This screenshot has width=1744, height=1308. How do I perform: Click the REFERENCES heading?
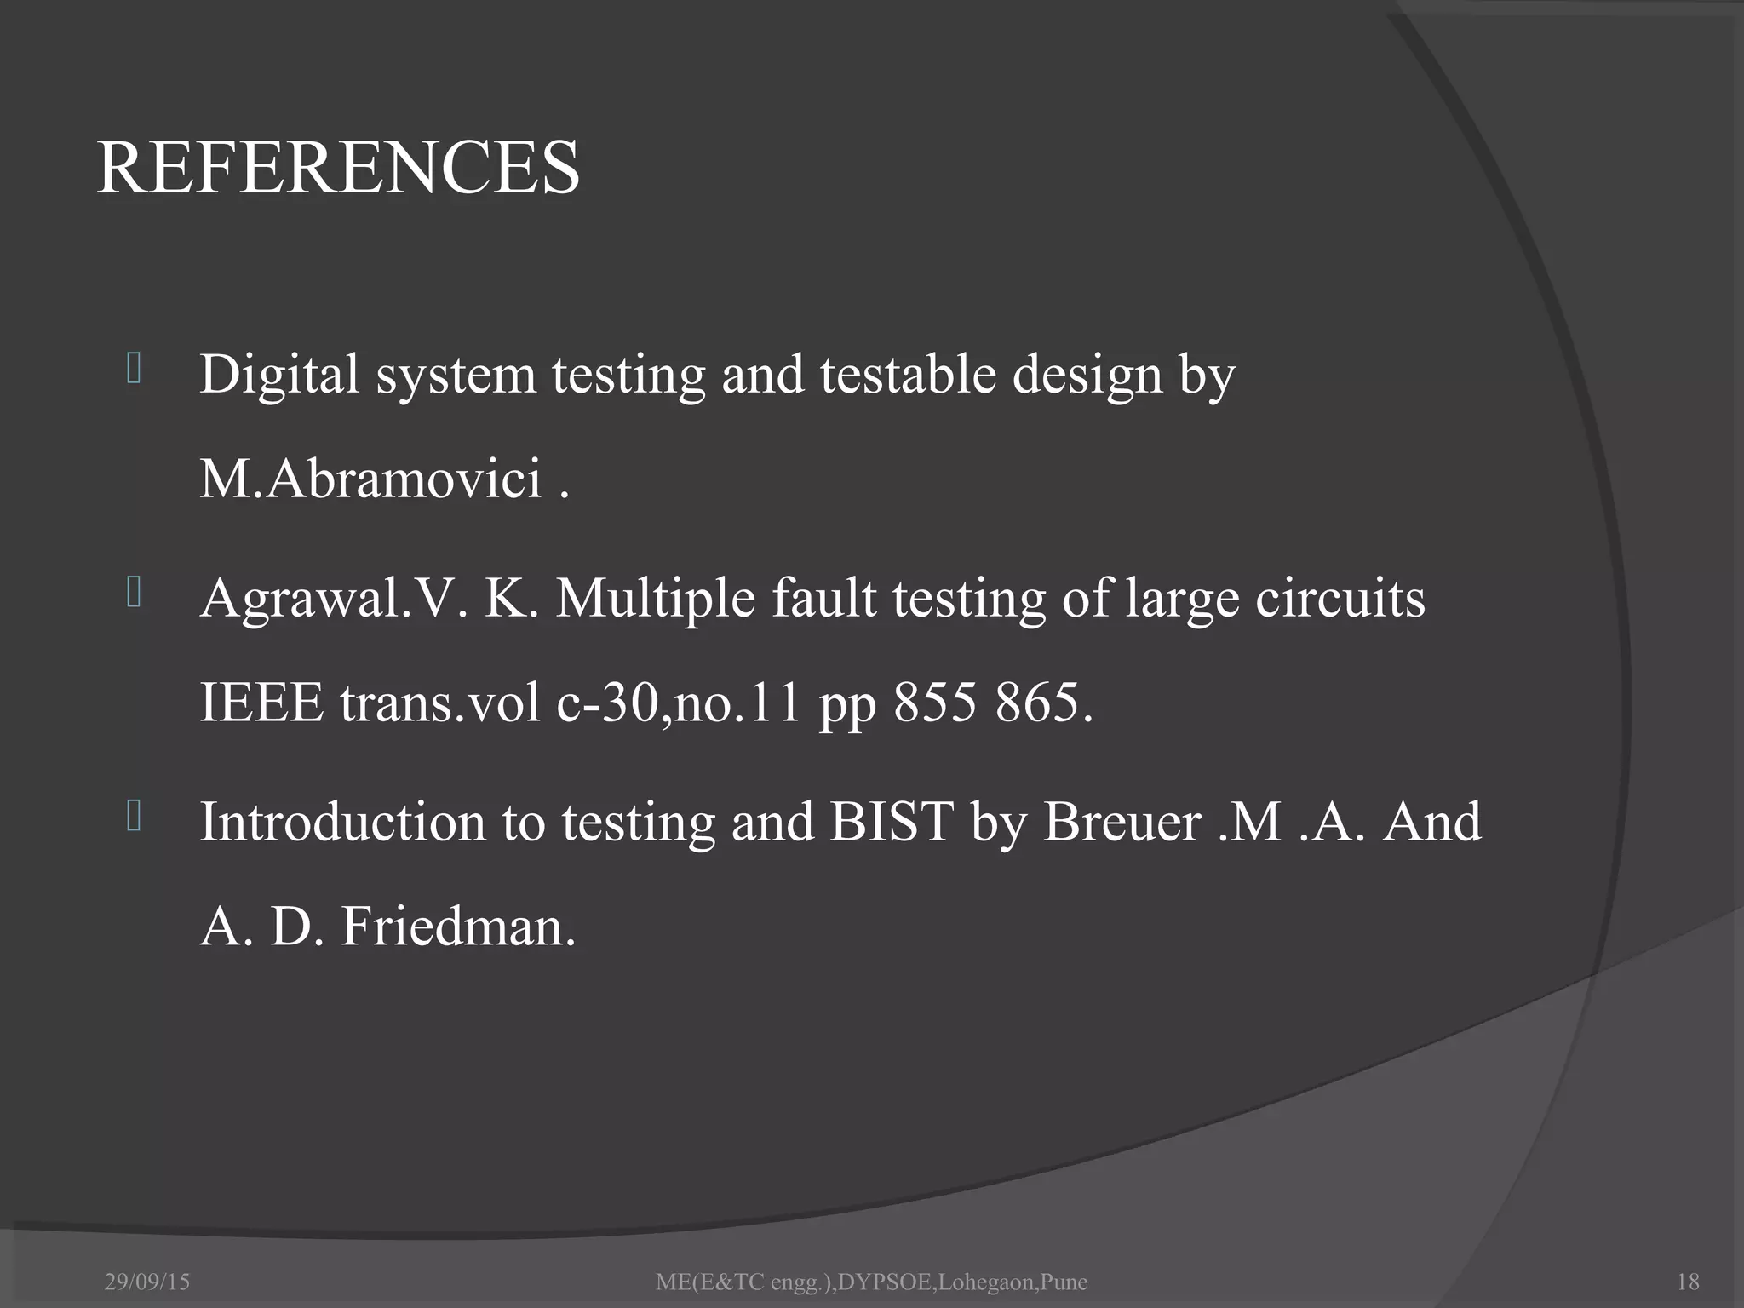(338, 168)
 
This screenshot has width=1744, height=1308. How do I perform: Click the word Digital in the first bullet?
(278, 375)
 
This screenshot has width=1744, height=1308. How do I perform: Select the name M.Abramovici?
(370, 479)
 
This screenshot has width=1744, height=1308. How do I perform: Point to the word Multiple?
(655, 598)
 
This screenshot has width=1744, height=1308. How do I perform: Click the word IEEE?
(261, 703)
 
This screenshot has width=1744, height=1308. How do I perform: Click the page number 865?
(1042, 703)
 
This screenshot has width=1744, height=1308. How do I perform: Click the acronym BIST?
(891, 822)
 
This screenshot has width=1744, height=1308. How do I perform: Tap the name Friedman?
(458, 926)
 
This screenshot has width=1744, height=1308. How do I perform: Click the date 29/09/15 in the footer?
(147, 1282)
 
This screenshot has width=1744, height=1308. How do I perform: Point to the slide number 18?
(1687, 1282)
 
